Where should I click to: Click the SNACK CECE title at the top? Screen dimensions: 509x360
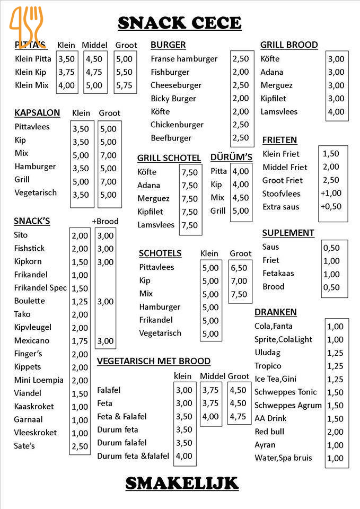(x=179, y=23)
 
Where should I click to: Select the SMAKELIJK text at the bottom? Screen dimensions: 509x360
(x=182, y=483)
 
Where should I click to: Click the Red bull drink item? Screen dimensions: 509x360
(x=269, y=432)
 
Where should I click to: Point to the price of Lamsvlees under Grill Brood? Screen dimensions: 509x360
(x=336, y=112)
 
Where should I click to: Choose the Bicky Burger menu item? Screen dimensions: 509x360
(x=173, y=98)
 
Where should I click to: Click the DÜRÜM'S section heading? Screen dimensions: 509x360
(x=231, y=157)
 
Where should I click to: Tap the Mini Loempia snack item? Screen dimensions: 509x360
(x=39, y=380)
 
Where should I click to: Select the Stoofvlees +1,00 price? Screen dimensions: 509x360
(x=331, y=193)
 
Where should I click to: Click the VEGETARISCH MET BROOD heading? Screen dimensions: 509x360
(x=154, y=361)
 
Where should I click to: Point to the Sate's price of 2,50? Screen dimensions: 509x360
(x=80, y=446)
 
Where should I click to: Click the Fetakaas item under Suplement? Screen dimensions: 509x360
(x=278, y=273)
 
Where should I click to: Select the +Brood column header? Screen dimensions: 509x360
(x=105, y=221)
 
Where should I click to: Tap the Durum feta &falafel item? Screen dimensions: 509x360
(x=133, y=455)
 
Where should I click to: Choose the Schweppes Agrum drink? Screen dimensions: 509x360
(x=288, y=405)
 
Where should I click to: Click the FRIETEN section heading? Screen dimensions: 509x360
(x=279, y=140)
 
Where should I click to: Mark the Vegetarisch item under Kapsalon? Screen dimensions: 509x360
(x=36, y=192)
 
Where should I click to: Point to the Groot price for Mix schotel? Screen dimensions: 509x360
(x=239, y=294)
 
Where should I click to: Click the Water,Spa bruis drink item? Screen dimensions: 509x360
(x=283, y=458)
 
